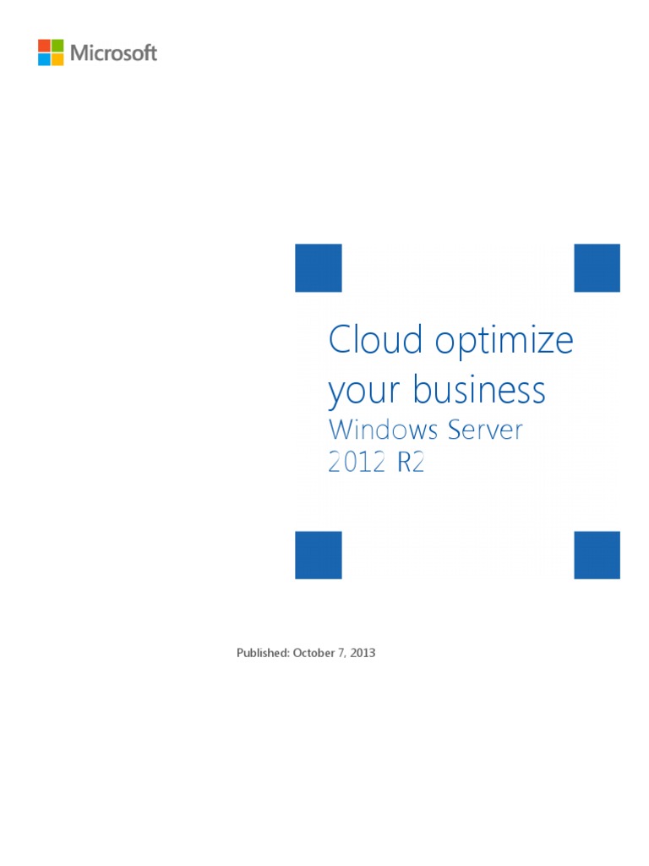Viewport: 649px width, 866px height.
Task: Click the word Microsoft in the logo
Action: click(113, 52)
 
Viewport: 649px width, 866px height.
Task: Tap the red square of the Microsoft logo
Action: click(44, 46)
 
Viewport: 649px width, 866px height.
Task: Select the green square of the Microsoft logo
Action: click(57, 46)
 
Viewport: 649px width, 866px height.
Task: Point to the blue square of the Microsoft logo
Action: click(44, 59)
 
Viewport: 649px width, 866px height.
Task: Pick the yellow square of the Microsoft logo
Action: click(57, 59)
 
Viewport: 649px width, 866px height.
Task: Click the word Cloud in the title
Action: click(375, 340)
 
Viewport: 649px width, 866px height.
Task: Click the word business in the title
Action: click(479, 390)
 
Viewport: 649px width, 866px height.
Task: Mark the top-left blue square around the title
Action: click(318, 267)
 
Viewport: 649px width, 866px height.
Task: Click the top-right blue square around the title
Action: click(597, 267)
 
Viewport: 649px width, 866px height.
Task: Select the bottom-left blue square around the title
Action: click(318, 555)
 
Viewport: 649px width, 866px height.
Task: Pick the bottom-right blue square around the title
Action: click(597, 555)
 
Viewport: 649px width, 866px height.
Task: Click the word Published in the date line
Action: click(263, 654)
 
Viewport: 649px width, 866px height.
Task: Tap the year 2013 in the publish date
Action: click(362, 654)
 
